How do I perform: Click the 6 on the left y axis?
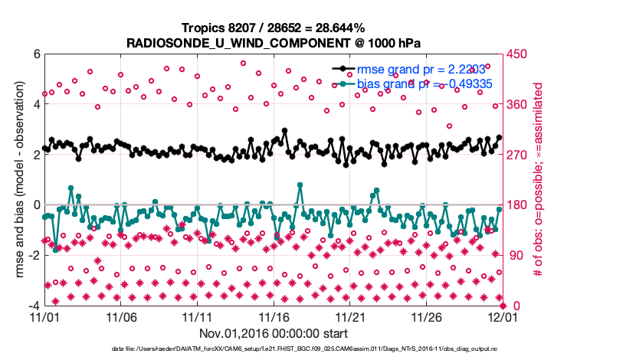click(x=36, y=54)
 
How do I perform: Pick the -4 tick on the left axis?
click(x=34, y=306)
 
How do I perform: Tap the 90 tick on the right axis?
click(x=515, y=256)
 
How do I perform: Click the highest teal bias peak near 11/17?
click(x=299, y=185)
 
